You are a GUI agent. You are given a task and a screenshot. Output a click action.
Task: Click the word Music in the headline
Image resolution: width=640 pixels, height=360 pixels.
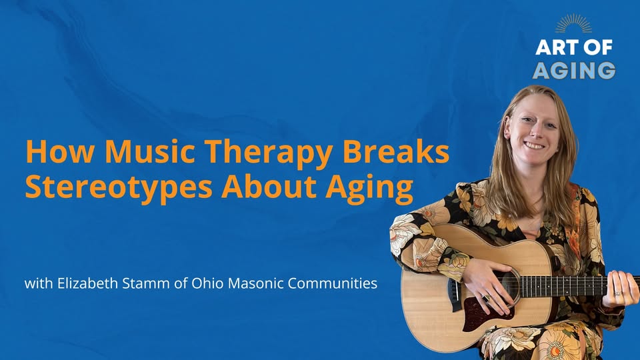click(150, 151)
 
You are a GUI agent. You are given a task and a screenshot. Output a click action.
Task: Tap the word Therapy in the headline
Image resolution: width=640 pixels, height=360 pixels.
click(268, 154)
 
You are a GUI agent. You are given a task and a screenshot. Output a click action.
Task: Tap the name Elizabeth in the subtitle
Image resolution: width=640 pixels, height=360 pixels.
click(88, 283)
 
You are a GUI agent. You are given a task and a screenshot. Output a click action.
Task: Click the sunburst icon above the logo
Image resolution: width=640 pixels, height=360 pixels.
click(573, 24)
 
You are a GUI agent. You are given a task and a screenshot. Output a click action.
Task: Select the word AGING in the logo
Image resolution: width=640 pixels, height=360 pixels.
click(574, 70)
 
